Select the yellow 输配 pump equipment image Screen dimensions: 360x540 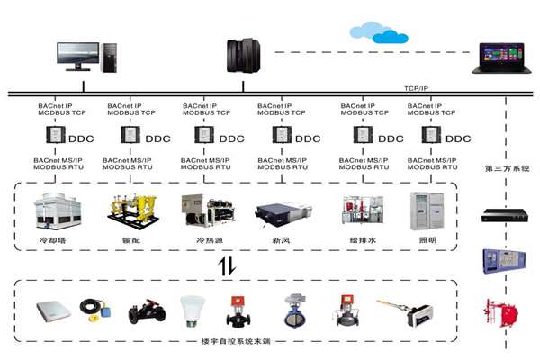click(x=130, y=212)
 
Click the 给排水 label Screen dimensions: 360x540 click(x=359, y=240)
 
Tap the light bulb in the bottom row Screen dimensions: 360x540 click(x=190, y=310)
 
